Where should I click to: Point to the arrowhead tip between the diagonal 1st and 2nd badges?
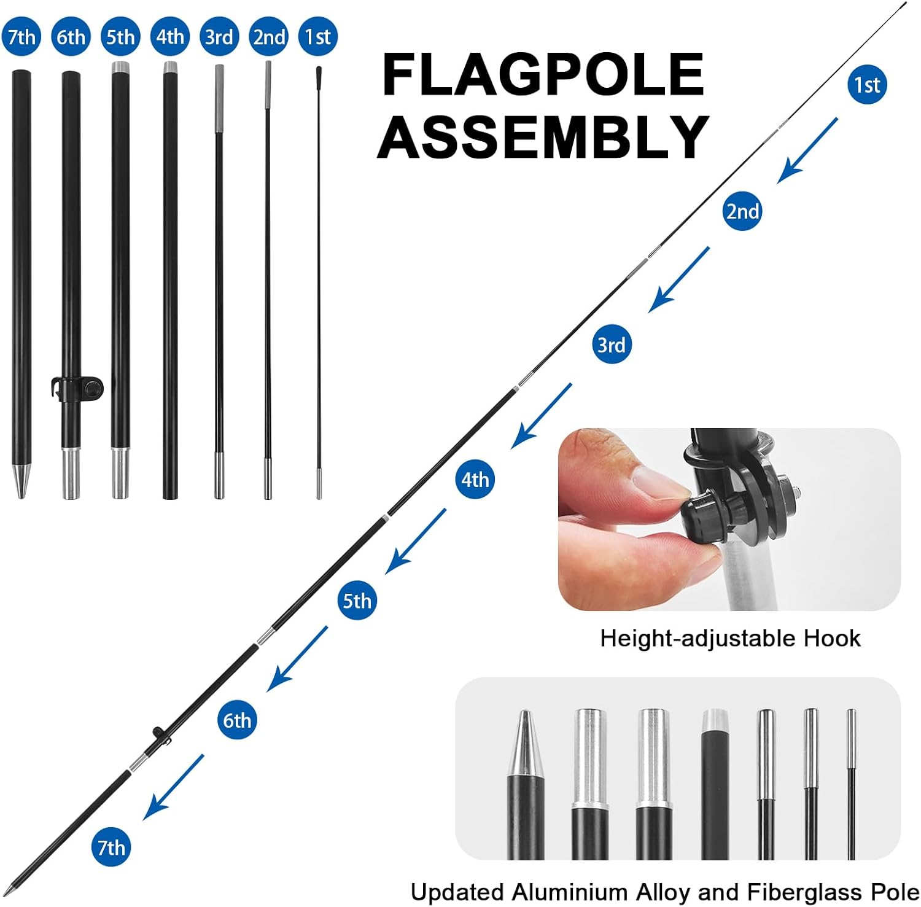tap(778, 182)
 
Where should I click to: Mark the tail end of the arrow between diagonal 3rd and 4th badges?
tap(571, 384)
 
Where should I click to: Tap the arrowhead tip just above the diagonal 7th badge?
tap(144, 819)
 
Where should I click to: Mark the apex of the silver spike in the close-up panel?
tap(525, 712)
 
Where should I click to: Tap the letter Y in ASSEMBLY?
tap(688, 136)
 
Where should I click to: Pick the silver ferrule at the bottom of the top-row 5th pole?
tap(120, 473)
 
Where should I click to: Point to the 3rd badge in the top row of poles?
tap(219, 37)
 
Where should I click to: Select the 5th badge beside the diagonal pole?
tap(357, 601)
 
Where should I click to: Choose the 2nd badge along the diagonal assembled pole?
tap(742, 211)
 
